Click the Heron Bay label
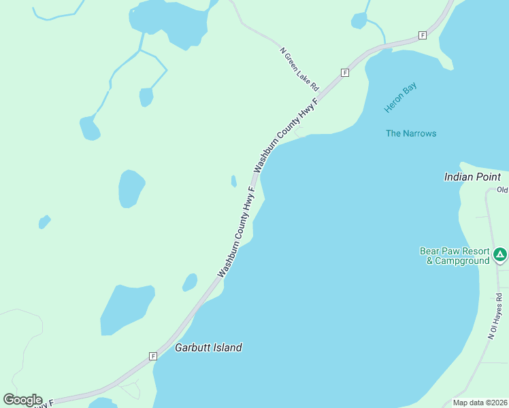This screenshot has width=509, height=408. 400,98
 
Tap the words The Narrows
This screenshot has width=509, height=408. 411,133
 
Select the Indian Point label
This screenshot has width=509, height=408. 472,177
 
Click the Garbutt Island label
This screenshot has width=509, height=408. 208,347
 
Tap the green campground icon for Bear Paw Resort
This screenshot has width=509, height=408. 500,255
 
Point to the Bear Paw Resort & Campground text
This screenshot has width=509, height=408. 454,256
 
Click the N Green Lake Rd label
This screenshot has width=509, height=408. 299,69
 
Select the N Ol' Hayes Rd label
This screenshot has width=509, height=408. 494,316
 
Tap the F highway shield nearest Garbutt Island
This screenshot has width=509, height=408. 153,356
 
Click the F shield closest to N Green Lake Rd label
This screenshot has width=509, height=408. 345,72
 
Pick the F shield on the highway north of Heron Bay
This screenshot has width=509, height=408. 423,35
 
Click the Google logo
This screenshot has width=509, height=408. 22,399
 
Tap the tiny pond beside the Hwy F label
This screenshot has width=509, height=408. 233,181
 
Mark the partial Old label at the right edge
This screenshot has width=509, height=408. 502,190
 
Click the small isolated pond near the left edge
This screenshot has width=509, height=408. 44,222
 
